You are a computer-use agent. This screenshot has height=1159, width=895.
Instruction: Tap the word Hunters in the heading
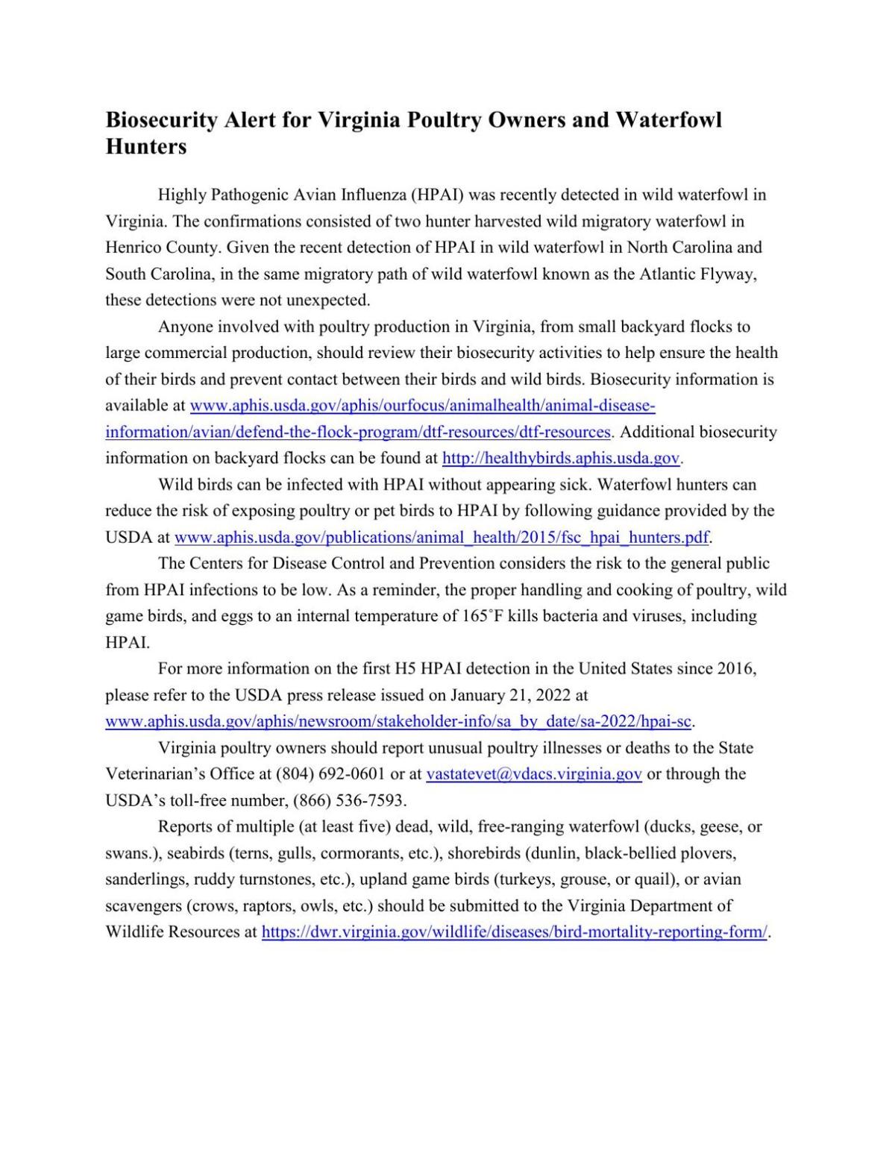[x=145, y=147]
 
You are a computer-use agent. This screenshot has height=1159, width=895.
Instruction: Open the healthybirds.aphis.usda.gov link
[x=561, y=459]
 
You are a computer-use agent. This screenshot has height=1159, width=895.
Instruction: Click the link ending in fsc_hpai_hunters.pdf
[x=442, y=538]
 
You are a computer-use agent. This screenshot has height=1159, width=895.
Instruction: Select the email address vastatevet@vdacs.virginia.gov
[x=533, y=774]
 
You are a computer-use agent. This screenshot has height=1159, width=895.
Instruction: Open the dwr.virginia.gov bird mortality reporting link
[x=514, y=933]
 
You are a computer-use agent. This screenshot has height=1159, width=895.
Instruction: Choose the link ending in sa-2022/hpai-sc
[x=399, y=722]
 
